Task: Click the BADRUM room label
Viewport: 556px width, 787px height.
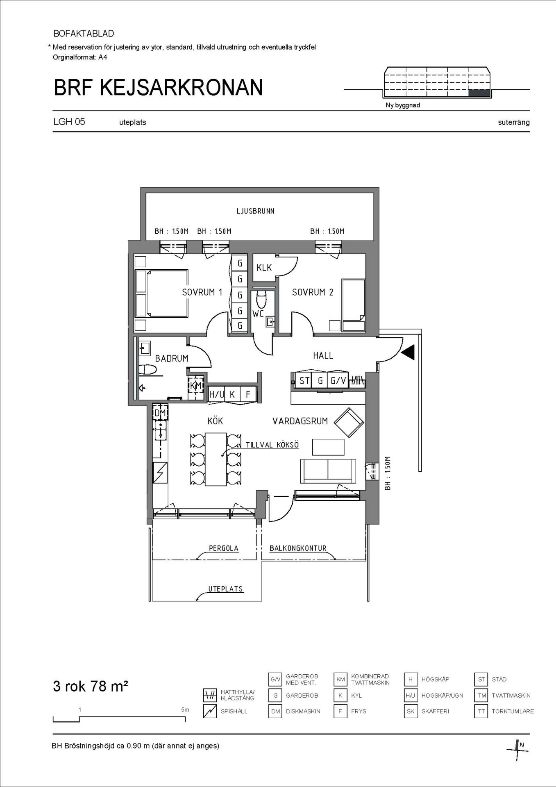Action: pos(172,358)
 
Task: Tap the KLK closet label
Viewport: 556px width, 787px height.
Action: pos(264,268)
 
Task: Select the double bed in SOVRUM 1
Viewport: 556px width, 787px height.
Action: pos(161,293)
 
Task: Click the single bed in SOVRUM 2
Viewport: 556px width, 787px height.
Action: pos(354,305)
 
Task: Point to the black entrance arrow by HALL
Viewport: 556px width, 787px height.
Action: pos(408,352)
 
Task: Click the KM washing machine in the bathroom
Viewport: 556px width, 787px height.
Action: pos(196,385)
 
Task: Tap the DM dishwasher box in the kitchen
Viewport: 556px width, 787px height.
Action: pos(160,412)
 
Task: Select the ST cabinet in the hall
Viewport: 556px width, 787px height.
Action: pos(304,381)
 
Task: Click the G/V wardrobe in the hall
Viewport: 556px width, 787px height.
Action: pos(338,381)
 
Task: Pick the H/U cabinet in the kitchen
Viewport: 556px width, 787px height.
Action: pos(216,394)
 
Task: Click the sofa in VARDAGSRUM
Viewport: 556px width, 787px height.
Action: pos(328,471)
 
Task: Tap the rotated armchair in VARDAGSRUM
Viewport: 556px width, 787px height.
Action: pos(349,422)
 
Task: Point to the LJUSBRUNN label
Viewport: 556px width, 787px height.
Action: pos(255,211)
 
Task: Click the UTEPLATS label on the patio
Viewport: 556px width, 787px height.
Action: pos(226,589)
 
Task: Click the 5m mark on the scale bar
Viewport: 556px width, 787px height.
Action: pos(185,710)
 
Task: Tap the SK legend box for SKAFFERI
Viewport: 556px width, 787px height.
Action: pos(411,711)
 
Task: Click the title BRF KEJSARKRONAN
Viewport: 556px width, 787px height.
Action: pos(159,87)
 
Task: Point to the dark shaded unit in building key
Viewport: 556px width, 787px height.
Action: pos(479,93)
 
